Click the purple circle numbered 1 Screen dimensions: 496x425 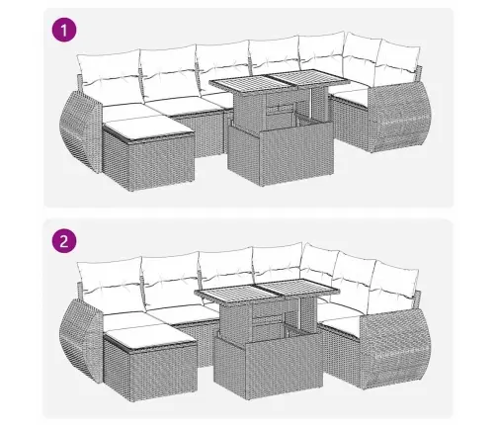[64, 31]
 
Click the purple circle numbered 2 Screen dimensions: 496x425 [64, 241]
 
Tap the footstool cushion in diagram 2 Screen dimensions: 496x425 [149, 336]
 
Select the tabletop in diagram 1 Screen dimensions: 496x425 [280, 81]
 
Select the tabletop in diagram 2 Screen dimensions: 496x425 [266, 292]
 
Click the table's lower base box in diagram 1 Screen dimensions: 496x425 [280, 153]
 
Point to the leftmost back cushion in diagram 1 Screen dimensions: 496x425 [110, 72]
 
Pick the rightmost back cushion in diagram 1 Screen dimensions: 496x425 [398, 62]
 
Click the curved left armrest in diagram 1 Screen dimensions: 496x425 [81, 131]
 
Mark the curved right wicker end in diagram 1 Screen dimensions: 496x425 [400, 116]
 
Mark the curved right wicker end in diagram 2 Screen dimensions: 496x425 [395, 349]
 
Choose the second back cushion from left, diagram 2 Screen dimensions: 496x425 [171, 280]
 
